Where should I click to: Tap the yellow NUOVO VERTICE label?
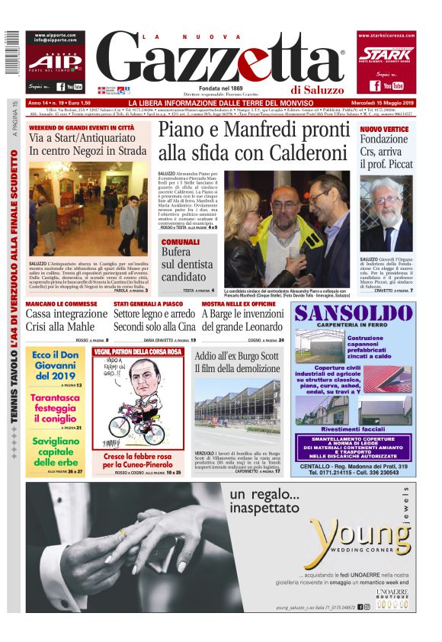[384, 129]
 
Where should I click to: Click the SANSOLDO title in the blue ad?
[354, 313]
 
